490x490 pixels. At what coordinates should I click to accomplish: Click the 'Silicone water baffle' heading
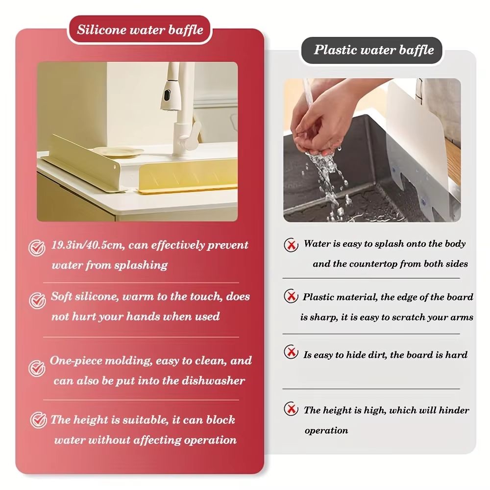coord(140,29)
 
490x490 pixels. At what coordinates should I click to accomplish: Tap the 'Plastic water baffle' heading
coord(374,49)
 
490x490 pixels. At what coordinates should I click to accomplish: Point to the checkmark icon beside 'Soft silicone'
coord(37,300)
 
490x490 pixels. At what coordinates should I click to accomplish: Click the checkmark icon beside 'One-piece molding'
coord(37,368)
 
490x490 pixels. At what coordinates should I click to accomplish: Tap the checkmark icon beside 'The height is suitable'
coord(38,420)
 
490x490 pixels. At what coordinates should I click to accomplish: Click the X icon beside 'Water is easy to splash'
coord(292,244)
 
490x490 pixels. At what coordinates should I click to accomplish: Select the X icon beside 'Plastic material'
coord(291,297)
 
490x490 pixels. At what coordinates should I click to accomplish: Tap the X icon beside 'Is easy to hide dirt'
coord(291,352)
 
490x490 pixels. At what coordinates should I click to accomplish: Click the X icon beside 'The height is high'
coord(291,409)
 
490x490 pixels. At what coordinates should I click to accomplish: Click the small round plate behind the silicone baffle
coord(118,152)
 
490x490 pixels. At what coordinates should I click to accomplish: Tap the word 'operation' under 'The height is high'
coord(326,431)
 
